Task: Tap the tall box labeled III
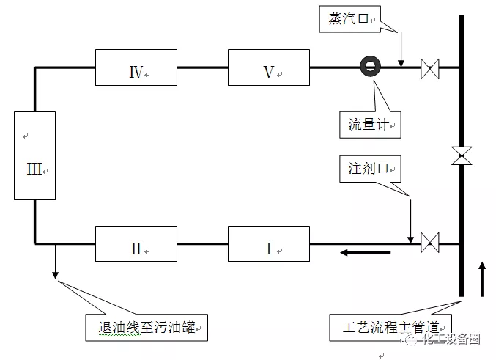[x=35, y=155]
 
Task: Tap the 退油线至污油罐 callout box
[x=147, y=326]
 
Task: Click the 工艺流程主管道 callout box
[x=388, y=326]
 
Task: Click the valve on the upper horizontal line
[x=430, y=70]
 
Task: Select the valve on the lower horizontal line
[x=430, y=242]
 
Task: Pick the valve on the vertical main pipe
[x=462, y=155]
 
